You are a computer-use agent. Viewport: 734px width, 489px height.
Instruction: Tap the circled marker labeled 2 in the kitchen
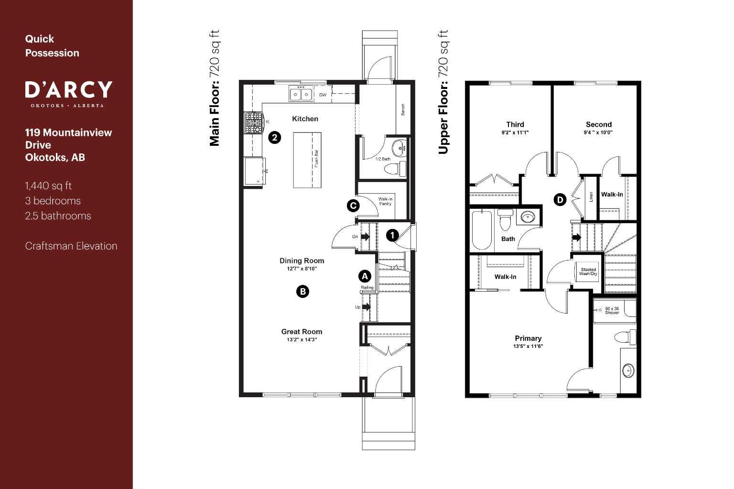pyautogui.click(x=274, y=138)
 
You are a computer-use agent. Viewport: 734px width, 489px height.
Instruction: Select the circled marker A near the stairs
pyautogui.click(x=365, y=276)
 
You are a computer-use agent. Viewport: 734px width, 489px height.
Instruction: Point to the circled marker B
pyautogui.click(x=302, y=292)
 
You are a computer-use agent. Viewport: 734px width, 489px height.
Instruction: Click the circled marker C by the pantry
pyautogui.click(x=353, y=206)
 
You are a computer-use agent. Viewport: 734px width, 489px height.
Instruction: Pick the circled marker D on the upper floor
pyautogui.click(x=560, y=200)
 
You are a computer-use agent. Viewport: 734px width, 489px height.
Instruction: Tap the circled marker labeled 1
pyautogui.click(x=392, y=235)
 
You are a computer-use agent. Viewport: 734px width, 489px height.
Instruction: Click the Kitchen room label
pyautogui.click(x=305, y=119)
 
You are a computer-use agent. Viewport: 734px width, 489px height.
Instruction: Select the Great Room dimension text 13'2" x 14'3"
pyautogui.click(x=302, y=340)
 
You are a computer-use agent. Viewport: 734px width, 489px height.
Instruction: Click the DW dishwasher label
pyautogui.click(x=323, y=95)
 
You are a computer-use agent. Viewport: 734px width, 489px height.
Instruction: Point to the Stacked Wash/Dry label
pyautogui.click(x=588, y=272)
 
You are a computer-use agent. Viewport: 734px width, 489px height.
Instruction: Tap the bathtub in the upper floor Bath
pyautogui.click(x=482, y=230)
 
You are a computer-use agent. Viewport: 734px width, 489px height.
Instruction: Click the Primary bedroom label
pyautogui.click(x=528, y=338)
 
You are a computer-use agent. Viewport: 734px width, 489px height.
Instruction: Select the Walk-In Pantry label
pyautogui.click(x=385, y=202)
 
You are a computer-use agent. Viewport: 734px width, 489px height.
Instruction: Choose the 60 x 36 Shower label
pyautogui.click(x=612, y=311)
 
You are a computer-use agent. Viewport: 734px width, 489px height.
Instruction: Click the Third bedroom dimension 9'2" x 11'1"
pyautogui.click(x=515, y=132)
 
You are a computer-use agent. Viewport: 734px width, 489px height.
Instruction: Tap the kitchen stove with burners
pyautogui.click(x=254, y=123)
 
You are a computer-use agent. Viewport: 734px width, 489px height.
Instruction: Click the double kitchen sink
pyautogui.click(x=301, y=94)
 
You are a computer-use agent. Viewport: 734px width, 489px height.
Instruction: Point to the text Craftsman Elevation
pyautogui.click(x=71, y=246)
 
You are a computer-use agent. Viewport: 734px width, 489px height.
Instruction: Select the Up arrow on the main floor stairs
pyautogui.click(x=366, y=307)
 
